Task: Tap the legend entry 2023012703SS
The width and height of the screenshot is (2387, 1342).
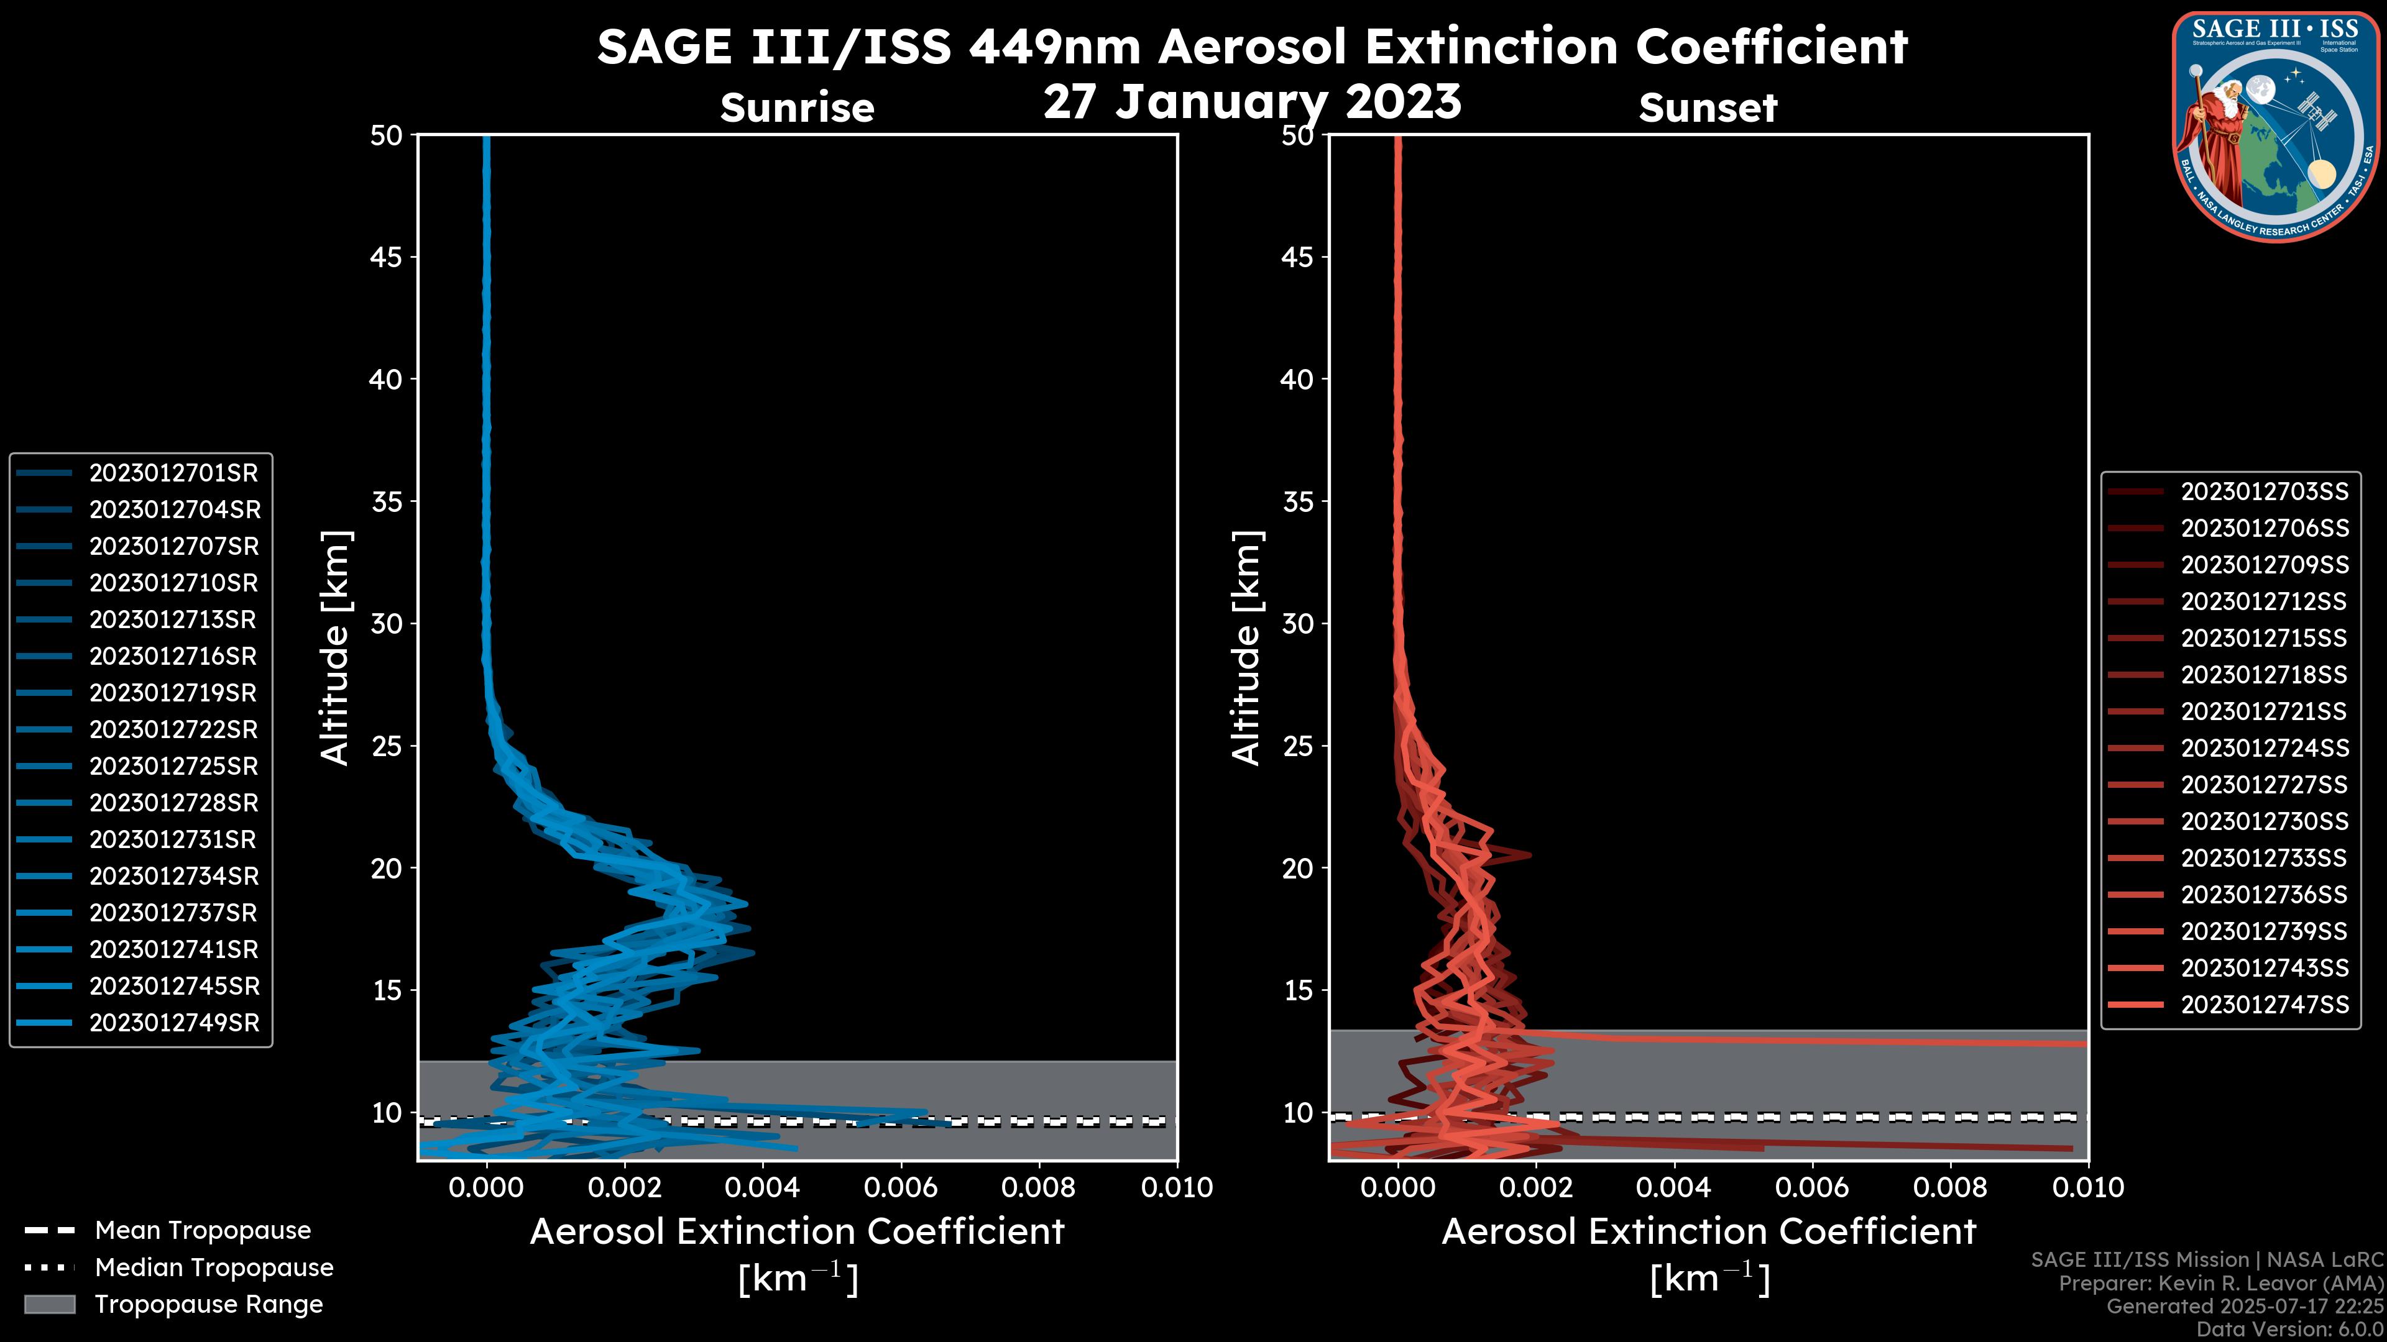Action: point(2264,492)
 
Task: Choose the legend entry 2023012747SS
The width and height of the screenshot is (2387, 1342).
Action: point(2264,1005)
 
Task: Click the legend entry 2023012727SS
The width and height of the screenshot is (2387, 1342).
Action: point(2264,785)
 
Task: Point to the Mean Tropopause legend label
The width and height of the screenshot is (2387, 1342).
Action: point(202,1231)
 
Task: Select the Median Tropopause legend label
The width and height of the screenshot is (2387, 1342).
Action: point(213,1268)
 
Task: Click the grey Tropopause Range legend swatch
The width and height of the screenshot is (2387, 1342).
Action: point(49,1305)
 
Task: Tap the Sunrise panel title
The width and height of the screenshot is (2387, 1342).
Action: point(797,108)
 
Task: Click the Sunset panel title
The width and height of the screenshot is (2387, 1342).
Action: point(1708,108)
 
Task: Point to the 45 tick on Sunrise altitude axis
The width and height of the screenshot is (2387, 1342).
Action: point(387,257)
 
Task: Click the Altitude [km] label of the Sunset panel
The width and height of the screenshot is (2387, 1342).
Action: point(1246,648)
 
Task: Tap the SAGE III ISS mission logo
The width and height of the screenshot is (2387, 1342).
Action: point(2275,125)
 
